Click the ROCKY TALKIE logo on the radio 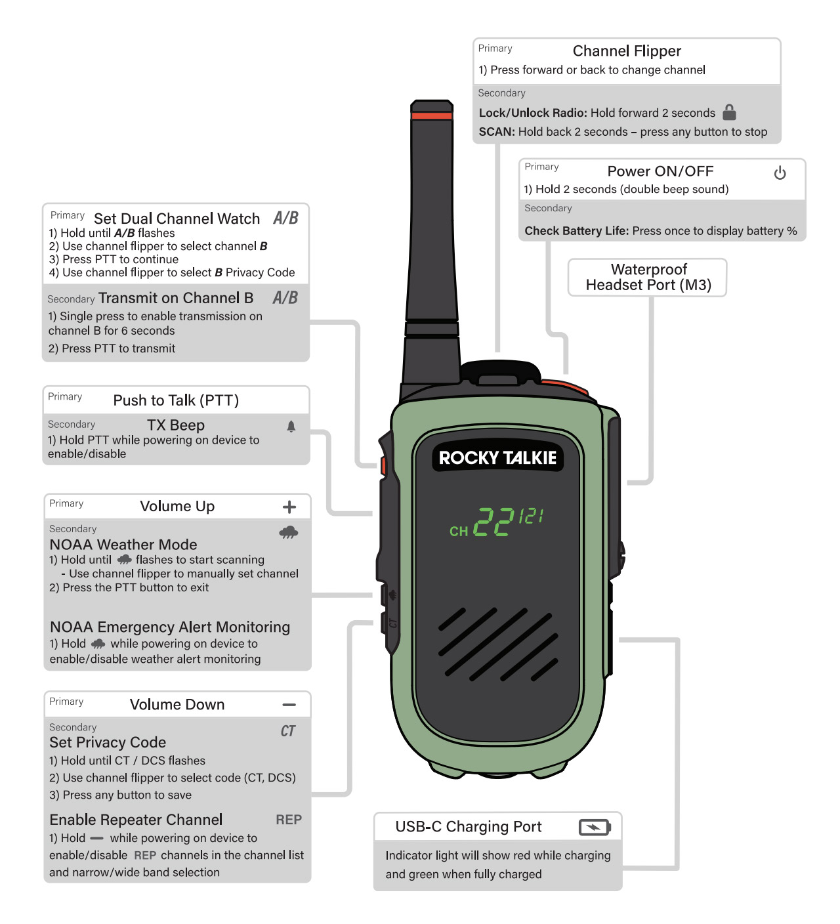(x=497, y=457)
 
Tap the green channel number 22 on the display (x=493, y=522)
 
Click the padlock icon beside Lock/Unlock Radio (x=729, y=112)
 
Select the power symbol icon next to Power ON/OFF (x=780, y=173)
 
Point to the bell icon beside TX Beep (x=291, y=427)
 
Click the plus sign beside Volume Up (x=289, y=507)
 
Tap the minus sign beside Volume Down (x=289, y=705)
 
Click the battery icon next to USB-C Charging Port (x=595, y=827)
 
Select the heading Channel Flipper (x=627, y=51)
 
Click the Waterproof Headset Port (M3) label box (x=648, y=278)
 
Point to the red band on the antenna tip (x=432, y=116)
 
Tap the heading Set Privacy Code (x=108, y=742)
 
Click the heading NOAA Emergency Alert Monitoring (x=170, y=627)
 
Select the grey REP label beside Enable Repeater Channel (x=289, y=820)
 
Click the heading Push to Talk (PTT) (x=176, y=400)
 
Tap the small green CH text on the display (x=459, y=531)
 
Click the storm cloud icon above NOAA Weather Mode (x=289, y=532)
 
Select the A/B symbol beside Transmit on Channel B (x=285, y=298)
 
